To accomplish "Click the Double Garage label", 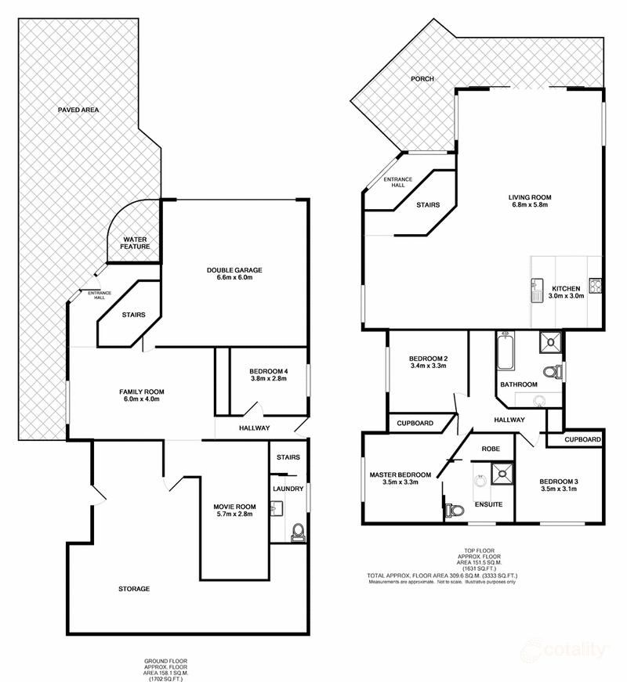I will coord(234,270).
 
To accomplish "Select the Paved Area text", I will coord(79,110).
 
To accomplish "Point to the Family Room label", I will coord(141,392).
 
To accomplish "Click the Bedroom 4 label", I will coord(269,371).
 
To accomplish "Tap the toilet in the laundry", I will coord(296,534).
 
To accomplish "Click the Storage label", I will coord(134,588).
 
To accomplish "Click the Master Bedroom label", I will coord(400,475).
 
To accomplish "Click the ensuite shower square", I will coord(500,471).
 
